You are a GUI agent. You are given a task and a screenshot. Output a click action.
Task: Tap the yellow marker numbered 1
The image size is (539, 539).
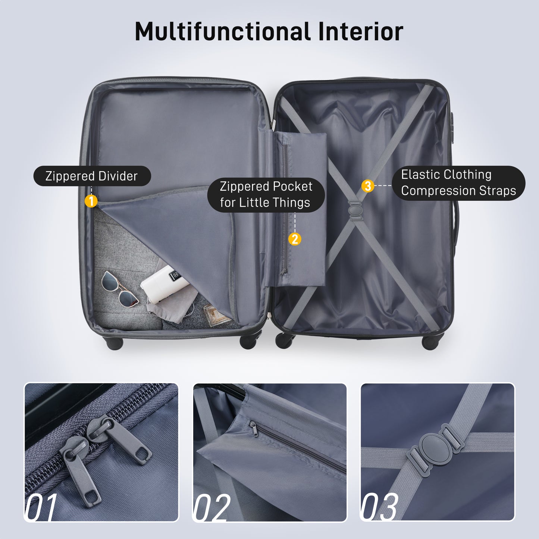(x=91, y=201)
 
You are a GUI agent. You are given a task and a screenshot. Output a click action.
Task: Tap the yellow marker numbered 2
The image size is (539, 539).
(x=295, y=239)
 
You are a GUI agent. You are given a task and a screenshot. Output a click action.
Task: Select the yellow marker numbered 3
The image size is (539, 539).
(x=368, y=185)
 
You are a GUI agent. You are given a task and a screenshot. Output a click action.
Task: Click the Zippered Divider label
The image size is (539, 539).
(x=92, y=176)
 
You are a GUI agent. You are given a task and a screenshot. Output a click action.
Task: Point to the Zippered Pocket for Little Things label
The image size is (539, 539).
(x=266, y=194)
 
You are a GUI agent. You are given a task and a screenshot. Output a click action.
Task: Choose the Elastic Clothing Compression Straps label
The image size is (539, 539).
(x=458, y=183)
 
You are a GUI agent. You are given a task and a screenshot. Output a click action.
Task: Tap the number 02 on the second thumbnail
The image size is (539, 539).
(x=211, y=508)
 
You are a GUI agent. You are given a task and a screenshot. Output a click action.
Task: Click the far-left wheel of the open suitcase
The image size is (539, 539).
(x=115, y=343)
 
